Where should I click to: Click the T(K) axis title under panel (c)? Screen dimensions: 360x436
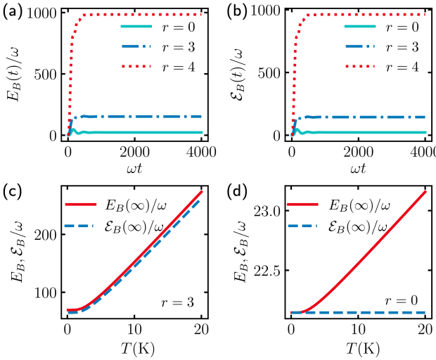pyautogui.click(x=134, y=349)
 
